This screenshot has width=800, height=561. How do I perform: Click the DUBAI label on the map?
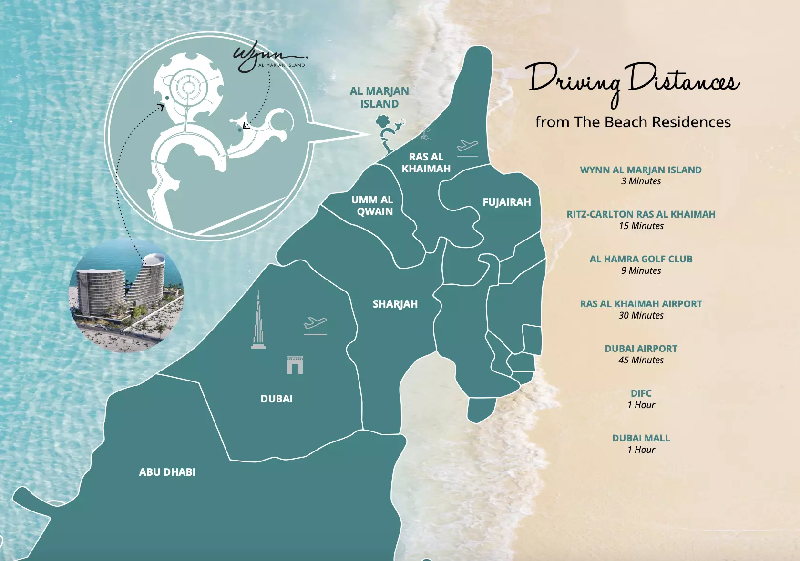click(x=277, y=399)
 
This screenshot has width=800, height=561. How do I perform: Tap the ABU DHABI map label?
click(x=167, y=472)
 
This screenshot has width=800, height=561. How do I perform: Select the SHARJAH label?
click(x=395, y=304)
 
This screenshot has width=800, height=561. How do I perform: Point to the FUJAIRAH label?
click(x=506, y=202)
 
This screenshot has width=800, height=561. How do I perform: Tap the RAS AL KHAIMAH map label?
click(x=426, y=163)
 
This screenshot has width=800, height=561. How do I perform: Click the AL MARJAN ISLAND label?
click(x=379, y=97)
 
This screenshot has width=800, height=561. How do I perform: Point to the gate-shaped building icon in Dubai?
click(x=295, y=365)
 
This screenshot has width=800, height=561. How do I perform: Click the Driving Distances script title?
click(x=633, y=80)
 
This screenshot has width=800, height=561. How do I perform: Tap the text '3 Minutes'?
click(x=641, y=181)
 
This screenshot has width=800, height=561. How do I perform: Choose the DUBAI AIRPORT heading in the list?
click(x=641, y=349)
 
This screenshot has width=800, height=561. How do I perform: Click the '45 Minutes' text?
click(x=641, y=360)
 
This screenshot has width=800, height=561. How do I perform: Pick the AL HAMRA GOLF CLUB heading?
click(x=641, y=259)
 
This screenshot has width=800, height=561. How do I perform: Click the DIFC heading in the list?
click(x=641, y=393)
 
